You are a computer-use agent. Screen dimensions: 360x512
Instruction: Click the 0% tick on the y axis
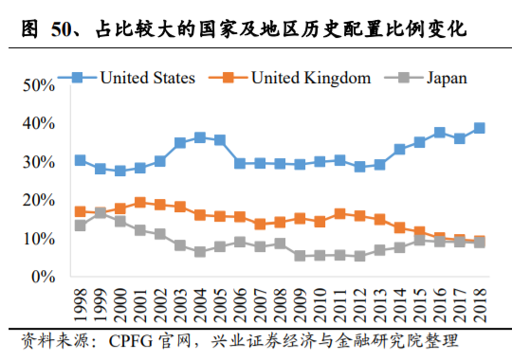(41, 277)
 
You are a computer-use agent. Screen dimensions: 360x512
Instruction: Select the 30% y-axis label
(37, 161)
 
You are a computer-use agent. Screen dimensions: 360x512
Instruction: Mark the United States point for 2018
(480, 128)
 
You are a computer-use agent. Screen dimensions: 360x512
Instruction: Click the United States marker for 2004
(200, 137)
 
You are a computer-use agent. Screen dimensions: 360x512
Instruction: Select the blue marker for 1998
(80, 160)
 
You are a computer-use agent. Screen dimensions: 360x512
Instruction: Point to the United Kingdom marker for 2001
(140, 202)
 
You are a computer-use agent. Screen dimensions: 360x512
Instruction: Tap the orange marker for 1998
(80, 211)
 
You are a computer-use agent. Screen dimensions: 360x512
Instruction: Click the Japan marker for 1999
(100, 213)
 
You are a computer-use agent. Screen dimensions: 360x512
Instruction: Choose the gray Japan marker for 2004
(200, 252)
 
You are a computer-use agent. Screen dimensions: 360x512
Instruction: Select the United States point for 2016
(440, 133)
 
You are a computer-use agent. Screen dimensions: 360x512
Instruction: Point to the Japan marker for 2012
(360, 256)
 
